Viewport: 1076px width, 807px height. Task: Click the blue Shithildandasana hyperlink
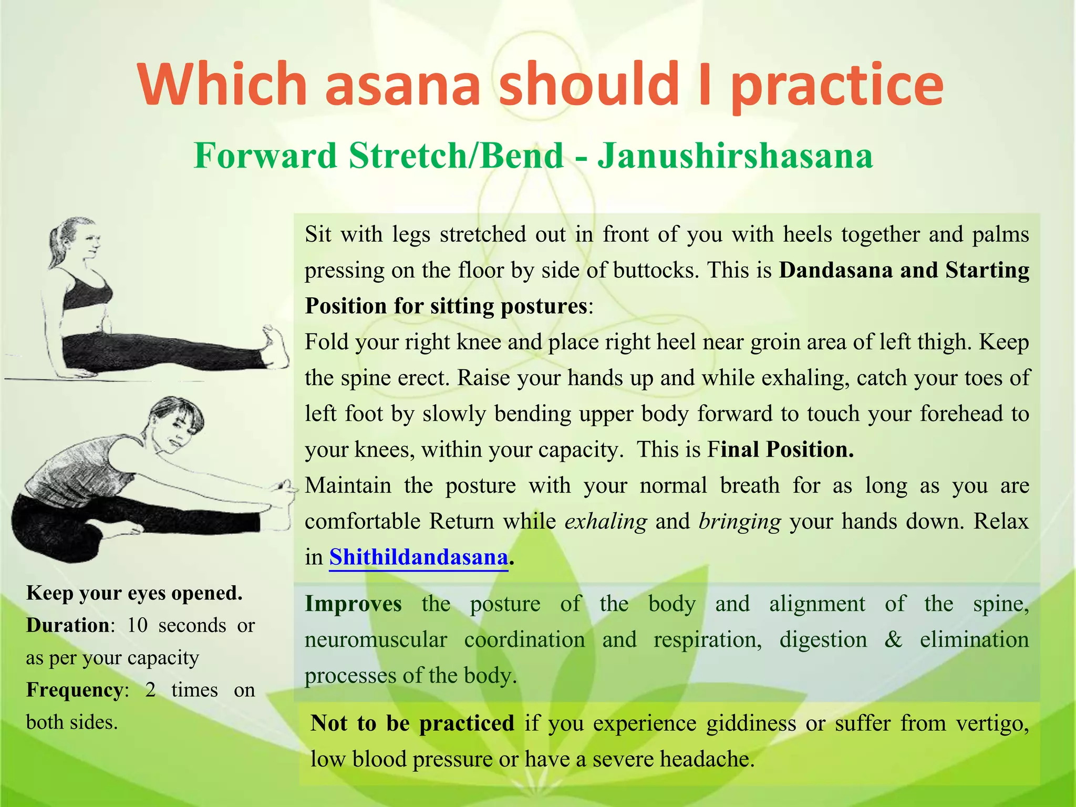[x=418, y=557]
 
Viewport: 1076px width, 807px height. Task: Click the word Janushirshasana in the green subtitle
[x=736, y=156]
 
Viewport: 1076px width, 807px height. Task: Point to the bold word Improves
[x=353, y=604]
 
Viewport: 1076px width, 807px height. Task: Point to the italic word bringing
[x=740, y=521]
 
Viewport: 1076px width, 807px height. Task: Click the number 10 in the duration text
[x=138, y=625]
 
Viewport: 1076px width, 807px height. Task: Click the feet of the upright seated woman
[x=275, y=347]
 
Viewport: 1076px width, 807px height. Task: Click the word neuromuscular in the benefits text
[x=376, y=640]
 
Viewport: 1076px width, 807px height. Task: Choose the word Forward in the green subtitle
[x=265, y=156]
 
